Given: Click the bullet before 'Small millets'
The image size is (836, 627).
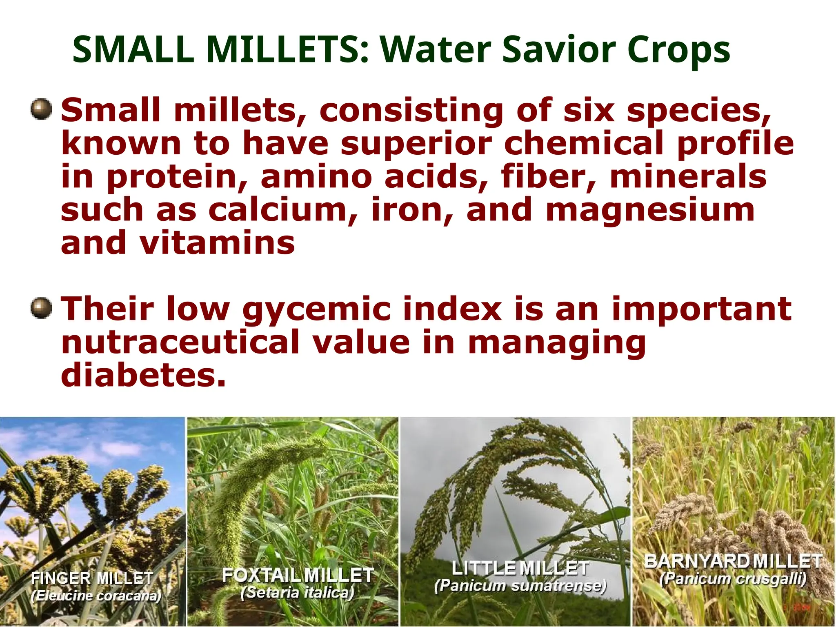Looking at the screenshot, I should (41, 109).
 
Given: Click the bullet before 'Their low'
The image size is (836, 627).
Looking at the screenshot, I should (41, 308).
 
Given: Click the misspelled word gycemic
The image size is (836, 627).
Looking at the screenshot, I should (316, 310).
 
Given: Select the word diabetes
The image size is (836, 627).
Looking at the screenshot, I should (143, 375).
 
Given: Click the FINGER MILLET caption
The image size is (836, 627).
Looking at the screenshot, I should (92, 578).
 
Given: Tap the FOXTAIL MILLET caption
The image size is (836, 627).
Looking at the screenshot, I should (298, 575).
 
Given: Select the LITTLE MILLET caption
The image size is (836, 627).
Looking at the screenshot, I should (520, 568).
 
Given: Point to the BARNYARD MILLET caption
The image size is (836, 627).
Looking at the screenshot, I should (733, 561).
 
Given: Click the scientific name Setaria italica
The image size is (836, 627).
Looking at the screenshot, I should (297, 592).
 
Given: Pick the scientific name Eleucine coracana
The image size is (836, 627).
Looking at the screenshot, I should (96, 596).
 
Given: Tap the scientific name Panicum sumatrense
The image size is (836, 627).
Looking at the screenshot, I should (520, 586).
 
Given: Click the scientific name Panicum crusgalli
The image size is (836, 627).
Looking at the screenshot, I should (733, 578).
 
